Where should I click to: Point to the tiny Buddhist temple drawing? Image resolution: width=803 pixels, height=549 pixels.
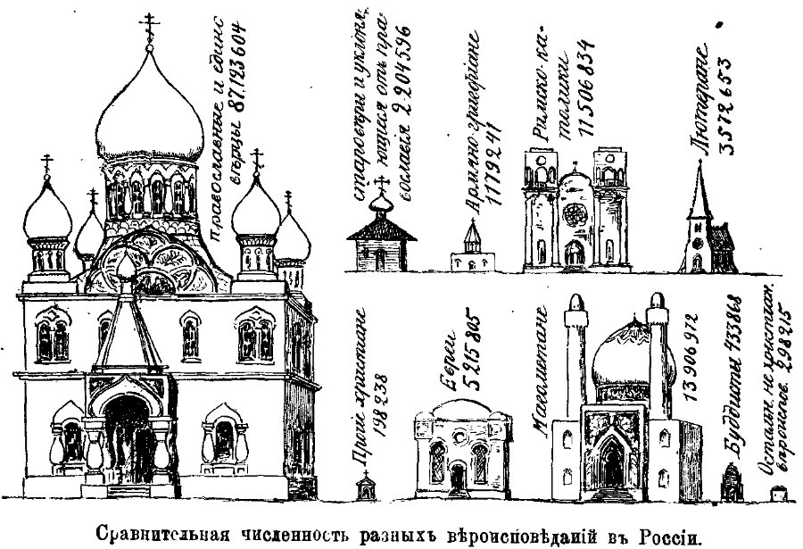pos(730,483)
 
